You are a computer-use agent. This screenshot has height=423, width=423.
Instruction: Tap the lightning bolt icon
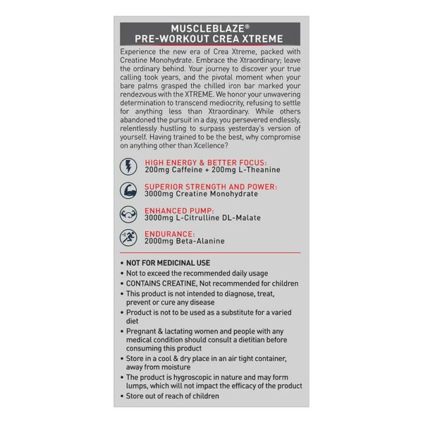129,166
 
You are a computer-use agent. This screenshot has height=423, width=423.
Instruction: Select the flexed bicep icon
129,190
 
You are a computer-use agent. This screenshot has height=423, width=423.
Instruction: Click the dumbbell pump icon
129,214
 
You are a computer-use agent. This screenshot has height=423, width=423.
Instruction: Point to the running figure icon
129,238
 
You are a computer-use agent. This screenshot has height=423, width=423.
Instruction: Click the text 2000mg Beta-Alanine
185,241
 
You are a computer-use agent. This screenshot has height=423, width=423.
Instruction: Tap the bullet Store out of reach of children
173,396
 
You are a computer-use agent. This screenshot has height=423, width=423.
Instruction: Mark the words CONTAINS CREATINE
161,283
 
